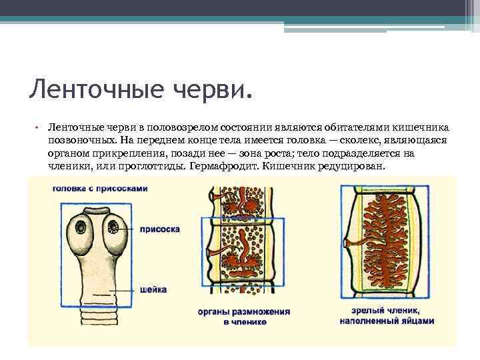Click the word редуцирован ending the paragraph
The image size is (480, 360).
[x=352, y=165]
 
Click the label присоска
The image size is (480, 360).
[x=159, y=229]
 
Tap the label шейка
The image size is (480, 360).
[x=154, y=289]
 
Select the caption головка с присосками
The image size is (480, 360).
[x=99, y=189]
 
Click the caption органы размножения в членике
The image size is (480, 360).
[x=245, y=316]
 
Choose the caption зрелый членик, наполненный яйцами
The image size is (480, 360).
[x=386, y=315]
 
